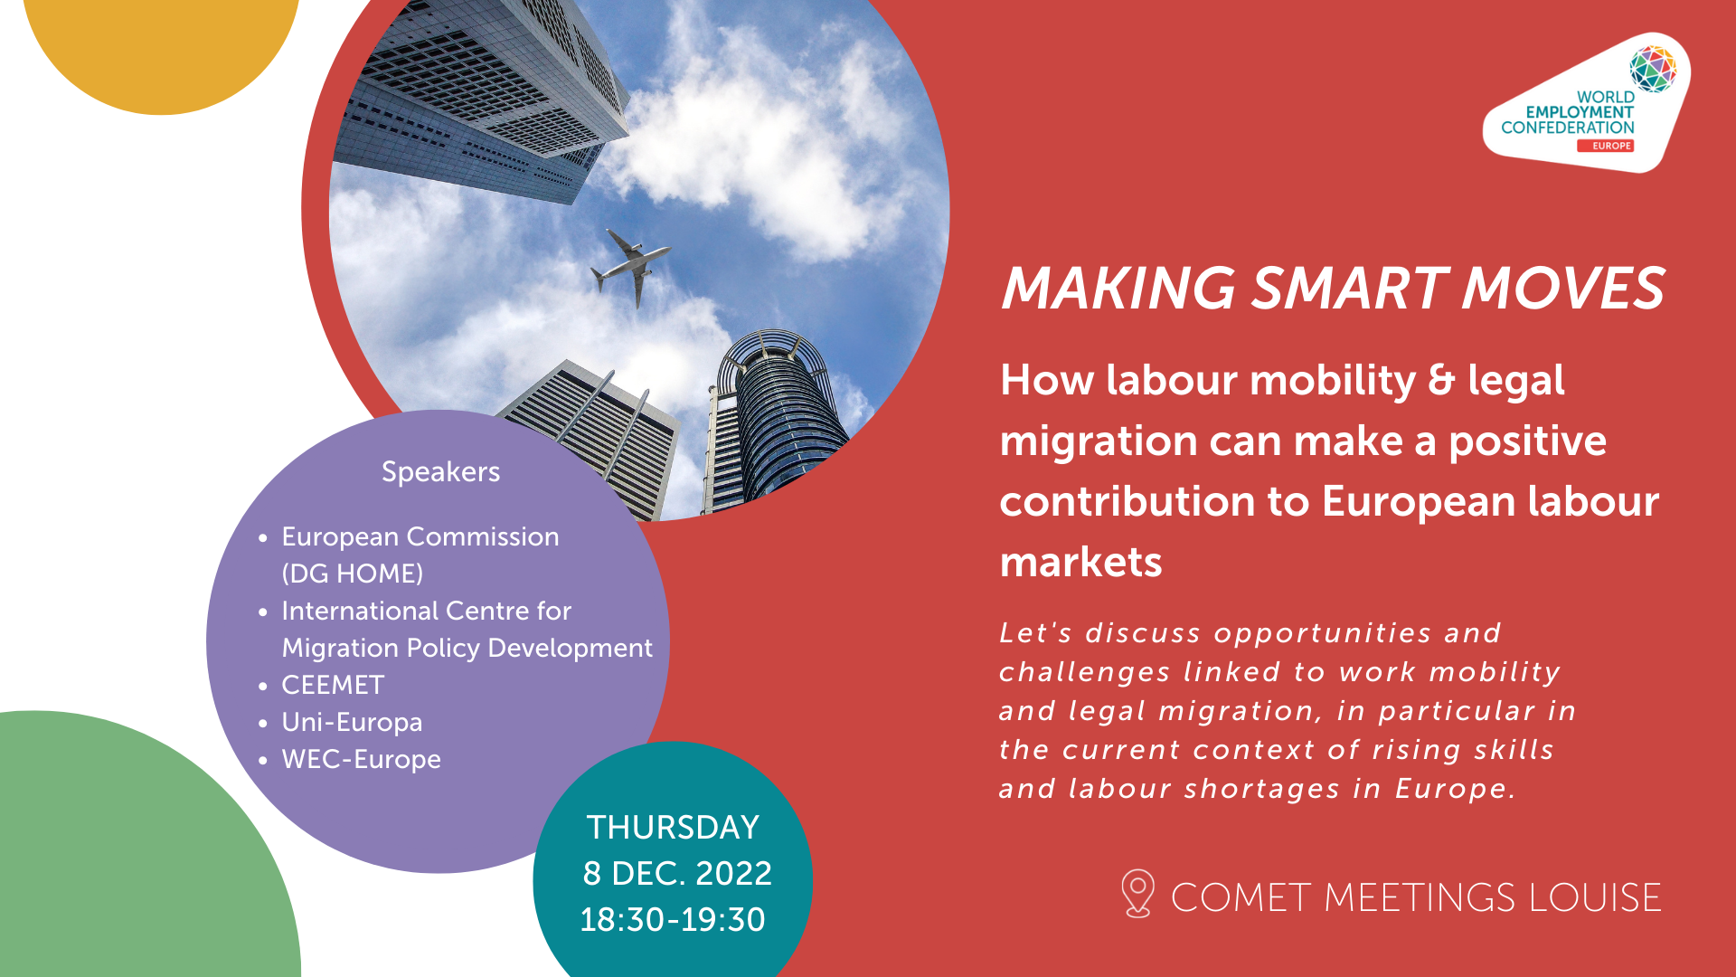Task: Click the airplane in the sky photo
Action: point(630,264)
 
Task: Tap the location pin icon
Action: point(1137,893)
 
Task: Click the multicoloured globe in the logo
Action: point(1653,69)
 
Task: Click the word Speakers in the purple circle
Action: point(440,471)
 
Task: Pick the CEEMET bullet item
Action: point(333,685)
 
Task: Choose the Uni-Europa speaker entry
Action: point(352,722)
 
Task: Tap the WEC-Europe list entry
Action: point(361,759)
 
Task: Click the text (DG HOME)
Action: point(353,574)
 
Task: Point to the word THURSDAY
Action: point(673,827)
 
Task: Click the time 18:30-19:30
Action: point(673,919)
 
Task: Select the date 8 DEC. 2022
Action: point(677,873)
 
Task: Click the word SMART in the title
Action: point(1349,289)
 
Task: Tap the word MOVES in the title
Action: point(1563,289)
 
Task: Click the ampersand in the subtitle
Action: point(1441,380)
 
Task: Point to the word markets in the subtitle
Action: point(1080,562)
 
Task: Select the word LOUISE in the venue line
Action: point(1595,897)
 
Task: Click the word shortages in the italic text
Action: point(1262,789)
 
